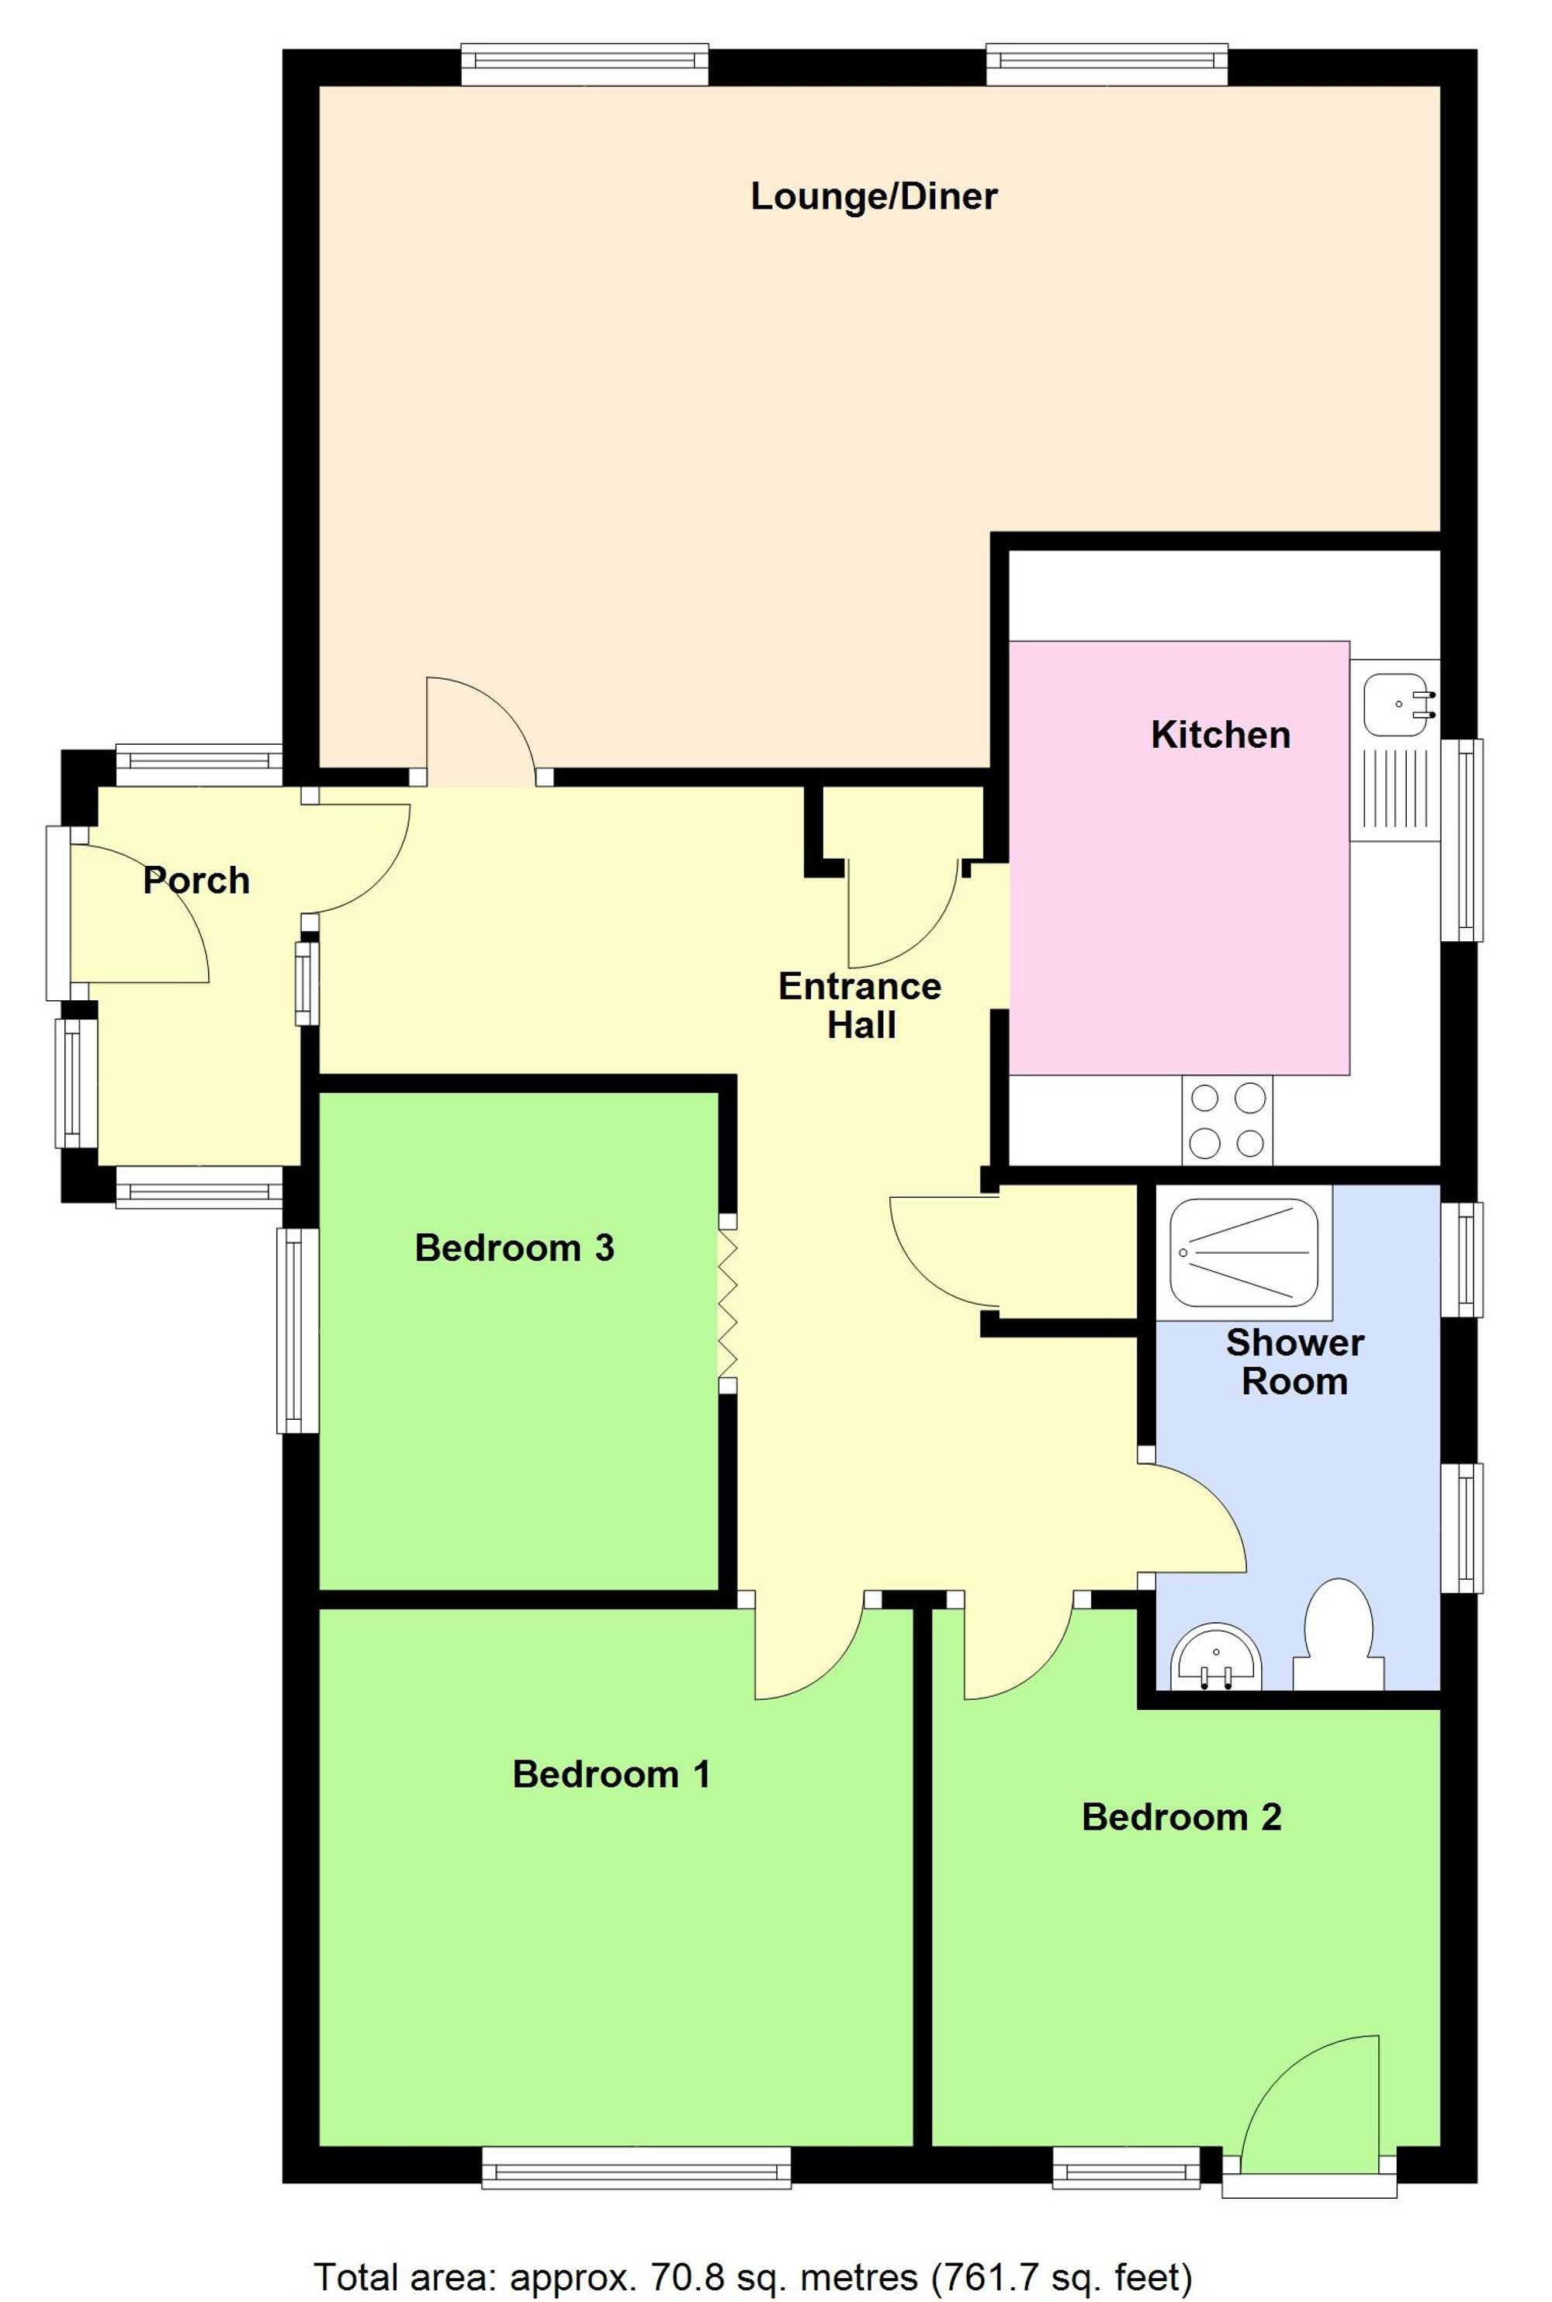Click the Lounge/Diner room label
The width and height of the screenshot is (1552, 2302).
pyautogui.click(x=873, y=196)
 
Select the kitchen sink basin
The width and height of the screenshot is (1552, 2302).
pyautogui.click(x=1397, y=705)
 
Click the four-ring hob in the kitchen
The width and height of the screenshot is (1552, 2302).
pyautogui.click(x=1226, y=1120)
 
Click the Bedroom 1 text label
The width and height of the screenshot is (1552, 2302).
pyautogui.click(x=611, y=1774)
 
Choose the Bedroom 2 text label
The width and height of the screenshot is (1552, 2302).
pyautogui.click(x=1181, y=1816)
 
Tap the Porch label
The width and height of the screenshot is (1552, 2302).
pyautogui.click(x=196, y=880)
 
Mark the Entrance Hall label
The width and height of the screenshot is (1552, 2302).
pyautogui.click(x=860, y=1005)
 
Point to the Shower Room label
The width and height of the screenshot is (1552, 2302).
pyautogui.click(x=1294, y=1361)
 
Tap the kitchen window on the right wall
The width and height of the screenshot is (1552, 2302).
pyautogui.click(x=1463, y=839)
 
